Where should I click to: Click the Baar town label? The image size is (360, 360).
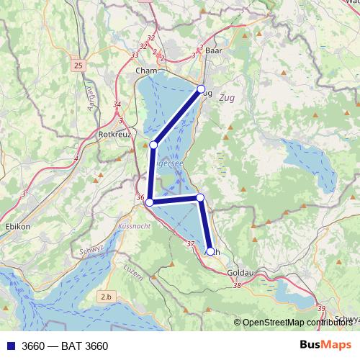(x=213, y=52)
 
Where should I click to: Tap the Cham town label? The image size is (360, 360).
(x=146, y=71)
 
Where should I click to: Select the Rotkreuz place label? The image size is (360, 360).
(x=114, y=134)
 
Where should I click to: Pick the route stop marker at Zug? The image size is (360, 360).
(x=202, y=89)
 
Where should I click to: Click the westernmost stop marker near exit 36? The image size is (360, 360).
(x=150, y=203)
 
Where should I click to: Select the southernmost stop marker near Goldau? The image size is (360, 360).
(x=210, y=251)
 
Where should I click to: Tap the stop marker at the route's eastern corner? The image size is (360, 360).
(x=200, y=197)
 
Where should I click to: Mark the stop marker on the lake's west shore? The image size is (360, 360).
(x=153, y=145)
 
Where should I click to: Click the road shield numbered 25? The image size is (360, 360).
(x=78, y=66)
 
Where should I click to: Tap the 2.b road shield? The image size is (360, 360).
(x=107, y=297)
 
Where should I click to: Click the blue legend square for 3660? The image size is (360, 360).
(x=11, y=346)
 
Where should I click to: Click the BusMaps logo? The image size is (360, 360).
(x=325, y=346)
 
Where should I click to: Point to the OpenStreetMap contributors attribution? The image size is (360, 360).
(x=296, y=323)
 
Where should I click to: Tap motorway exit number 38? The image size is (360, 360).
(x=238, y=286)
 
